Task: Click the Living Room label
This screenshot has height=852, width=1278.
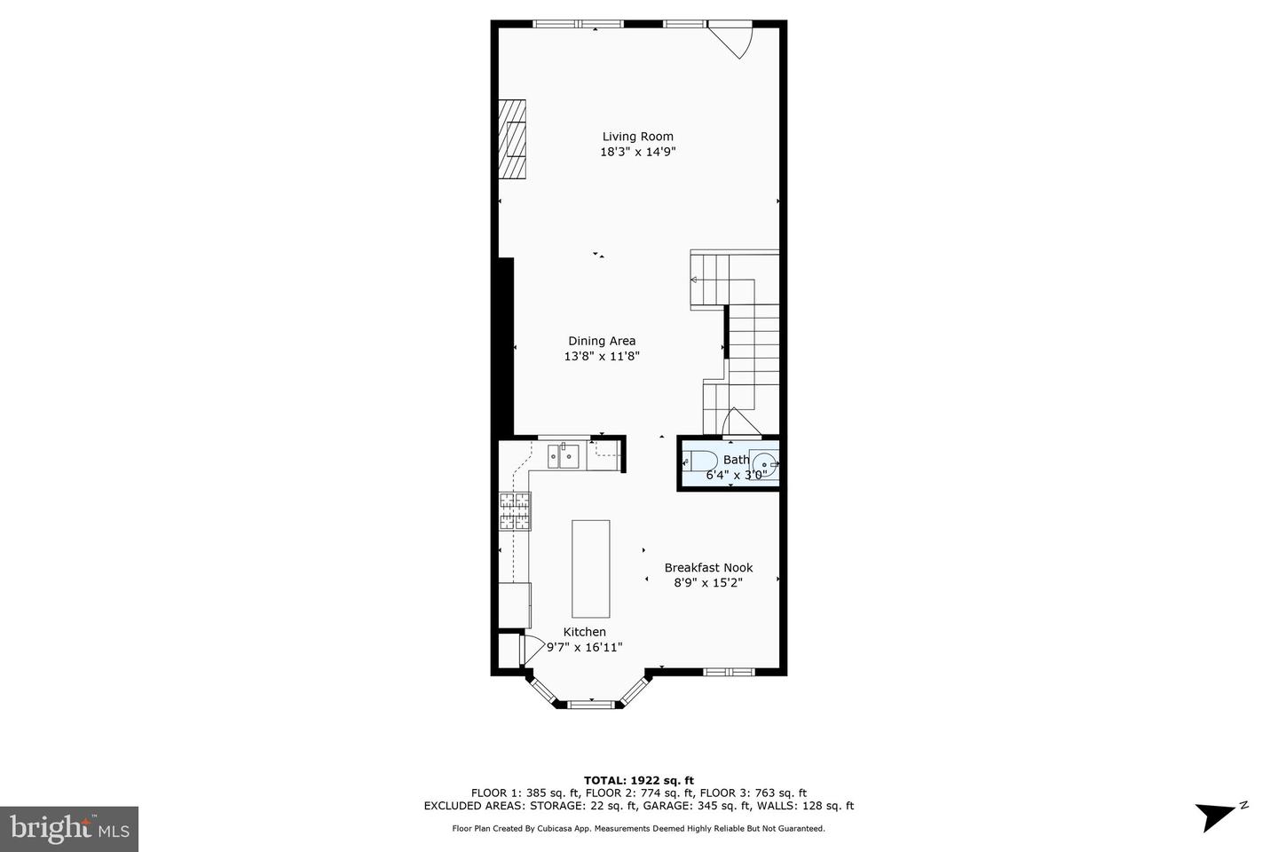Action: coord(637,137)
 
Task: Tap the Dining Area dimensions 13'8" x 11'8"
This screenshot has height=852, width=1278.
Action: coord(602,356)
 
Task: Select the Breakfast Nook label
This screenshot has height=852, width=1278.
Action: coord(708,568)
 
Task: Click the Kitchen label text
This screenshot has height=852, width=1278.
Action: coord(584,632)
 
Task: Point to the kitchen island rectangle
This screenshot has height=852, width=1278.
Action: coord(590,569)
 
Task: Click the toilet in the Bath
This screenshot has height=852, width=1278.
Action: coord(700,461)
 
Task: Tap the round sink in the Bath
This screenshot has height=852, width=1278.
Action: coord(764,464)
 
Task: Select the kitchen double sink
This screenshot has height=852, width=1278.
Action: coord(564,457)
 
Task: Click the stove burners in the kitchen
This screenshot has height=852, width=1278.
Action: coord(515,511)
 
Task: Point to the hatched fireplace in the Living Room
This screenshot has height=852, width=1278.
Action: coord(512,139)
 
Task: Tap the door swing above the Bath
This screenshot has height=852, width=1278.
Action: coord(740,423)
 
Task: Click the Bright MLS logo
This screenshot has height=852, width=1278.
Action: coord(69,829)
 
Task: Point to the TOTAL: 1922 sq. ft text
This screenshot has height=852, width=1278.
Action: coord(638,780)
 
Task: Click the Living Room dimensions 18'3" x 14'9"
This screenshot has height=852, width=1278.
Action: coord(638,152)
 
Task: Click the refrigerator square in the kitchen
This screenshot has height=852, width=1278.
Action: coord(514,604)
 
